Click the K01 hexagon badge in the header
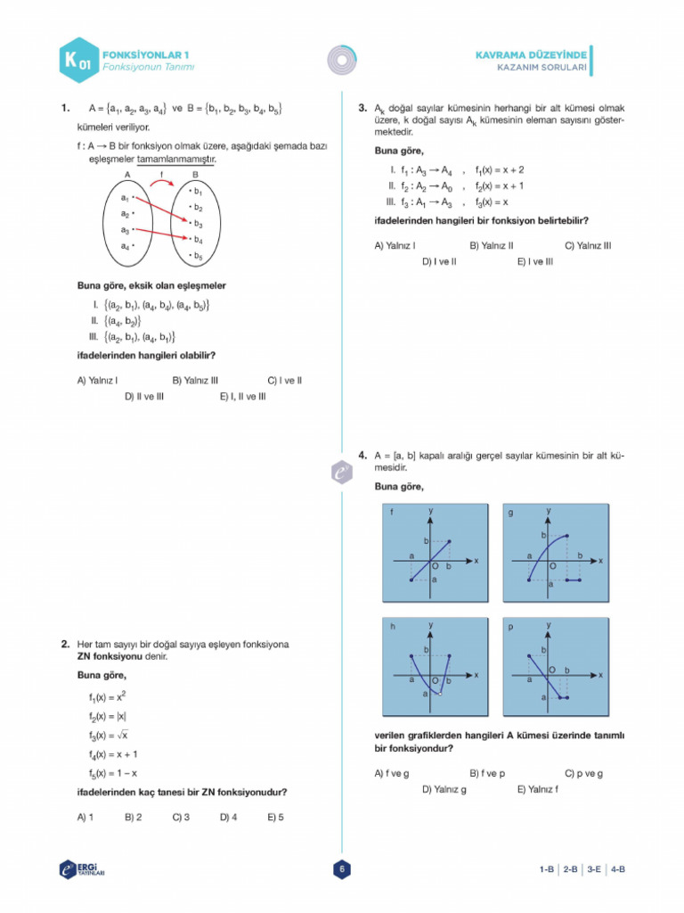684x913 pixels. (77, 61)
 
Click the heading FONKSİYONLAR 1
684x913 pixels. (145, 54)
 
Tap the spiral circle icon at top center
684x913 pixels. (342, 59)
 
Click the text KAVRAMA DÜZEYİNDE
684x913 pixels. (530, 54)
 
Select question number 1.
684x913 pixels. (65, 109)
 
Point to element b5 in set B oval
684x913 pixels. (197, 257)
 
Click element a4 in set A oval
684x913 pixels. (126, 245)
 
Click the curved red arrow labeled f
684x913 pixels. (161, 184)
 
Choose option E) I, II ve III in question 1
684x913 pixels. (242, 397)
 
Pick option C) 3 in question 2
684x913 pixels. (181, 816)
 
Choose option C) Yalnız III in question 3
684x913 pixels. (588, 245)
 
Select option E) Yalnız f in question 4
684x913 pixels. (537, 789)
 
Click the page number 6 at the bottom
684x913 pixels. (342, 869)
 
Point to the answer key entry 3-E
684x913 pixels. (594, 869)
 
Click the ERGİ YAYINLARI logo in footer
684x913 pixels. (82, 869)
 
